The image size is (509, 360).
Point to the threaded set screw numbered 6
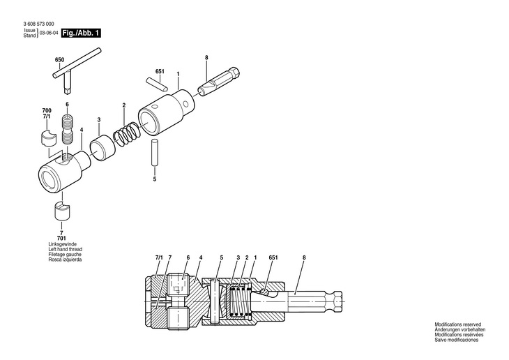[68, 130]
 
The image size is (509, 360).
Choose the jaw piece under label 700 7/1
[49, 135]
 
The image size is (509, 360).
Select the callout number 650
[59, 61]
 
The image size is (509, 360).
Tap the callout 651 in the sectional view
[273, 258]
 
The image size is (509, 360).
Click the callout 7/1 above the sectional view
[158, 258]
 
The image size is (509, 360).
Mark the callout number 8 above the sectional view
[304, 258]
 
